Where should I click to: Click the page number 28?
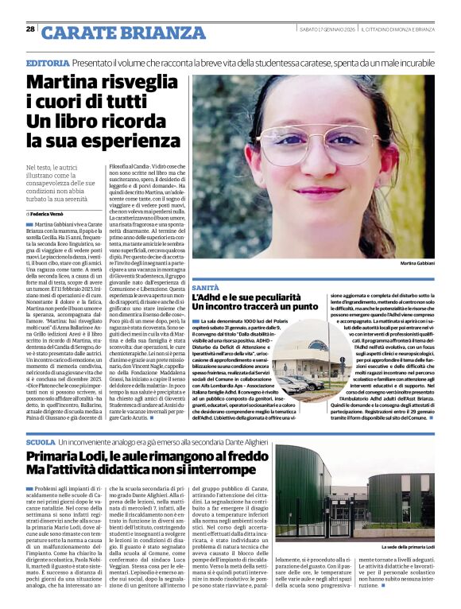[30, 29]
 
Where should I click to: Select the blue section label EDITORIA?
[47, 62]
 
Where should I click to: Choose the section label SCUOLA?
[41, 441]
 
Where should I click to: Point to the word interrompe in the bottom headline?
[219, 471]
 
